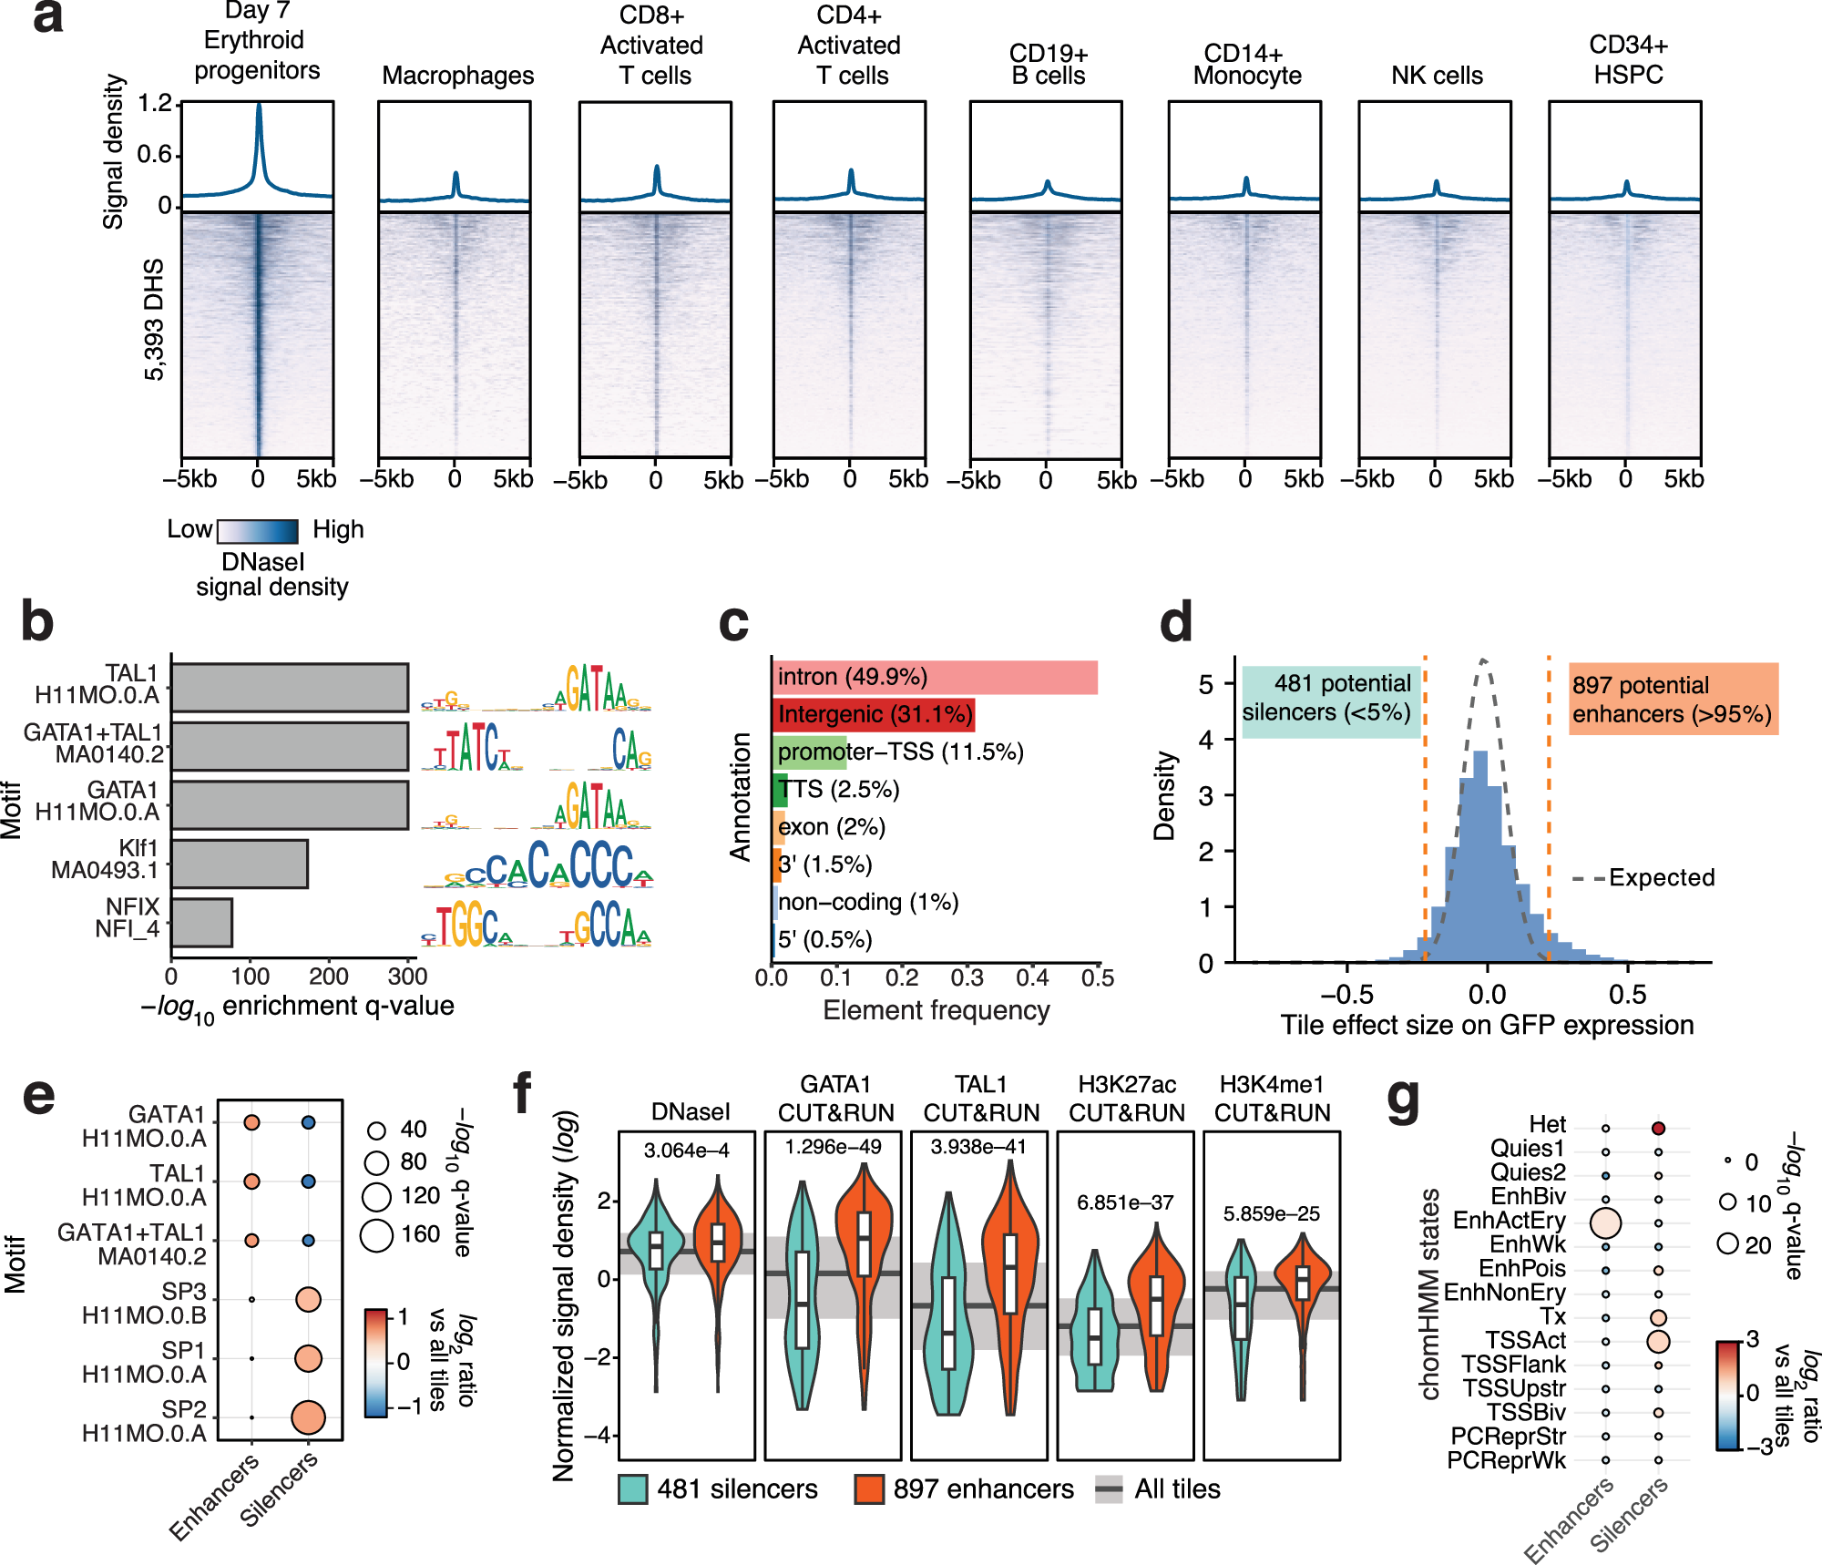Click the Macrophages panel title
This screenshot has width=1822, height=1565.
pos(457,75)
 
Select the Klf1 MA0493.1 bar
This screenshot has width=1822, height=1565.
pos(240,864)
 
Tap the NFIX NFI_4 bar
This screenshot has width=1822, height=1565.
pos(201,922)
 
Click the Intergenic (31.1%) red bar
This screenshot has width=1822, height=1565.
pos(873,714)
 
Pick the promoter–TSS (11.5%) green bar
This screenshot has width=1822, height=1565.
pos(809,752)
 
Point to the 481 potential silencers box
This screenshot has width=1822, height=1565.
pos(1329,698)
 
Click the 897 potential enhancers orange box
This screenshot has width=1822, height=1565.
pos(1672,699)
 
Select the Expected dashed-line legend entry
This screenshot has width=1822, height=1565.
pos(1643,878)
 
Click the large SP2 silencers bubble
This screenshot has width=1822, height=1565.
pos(309,1417)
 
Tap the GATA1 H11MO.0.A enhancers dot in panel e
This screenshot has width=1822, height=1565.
pos(252,1122)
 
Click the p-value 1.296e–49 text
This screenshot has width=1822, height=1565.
pos(833,1147)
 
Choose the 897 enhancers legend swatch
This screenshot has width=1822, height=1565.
pos(869,1489)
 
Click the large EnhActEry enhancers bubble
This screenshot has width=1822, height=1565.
pos(1605,1222)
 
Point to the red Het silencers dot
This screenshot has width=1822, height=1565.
pos(1658,1128)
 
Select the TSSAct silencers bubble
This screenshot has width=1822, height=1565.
pos(1658,1341)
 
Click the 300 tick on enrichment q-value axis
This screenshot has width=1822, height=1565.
pos(407,977)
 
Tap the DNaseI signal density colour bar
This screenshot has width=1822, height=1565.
pos(258,531)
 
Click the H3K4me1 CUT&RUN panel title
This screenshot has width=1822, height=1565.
pos(1272,1099)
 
